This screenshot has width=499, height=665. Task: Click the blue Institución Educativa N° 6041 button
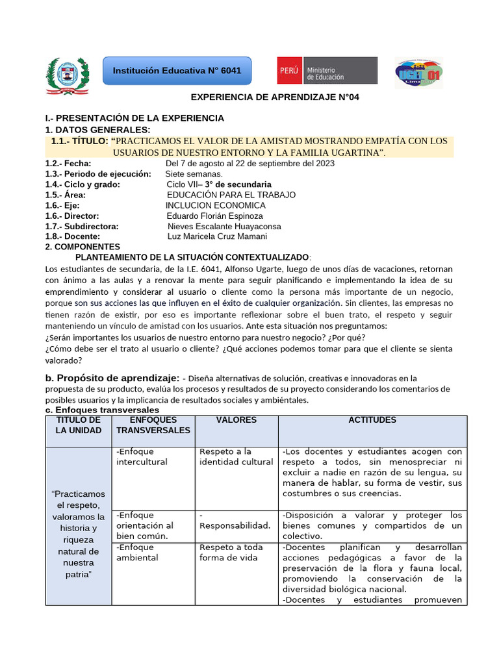click(x=177, y=70)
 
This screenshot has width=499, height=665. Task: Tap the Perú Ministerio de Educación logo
click(x=327, y=70)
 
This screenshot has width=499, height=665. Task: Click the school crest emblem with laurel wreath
click(x=66, y=75)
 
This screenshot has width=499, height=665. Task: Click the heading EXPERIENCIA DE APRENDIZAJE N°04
click(x=274, y=97)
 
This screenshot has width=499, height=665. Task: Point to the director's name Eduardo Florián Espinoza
click(x=215, y=216)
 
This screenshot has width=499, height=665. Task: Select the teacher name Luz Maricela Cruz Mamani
click(x=217, y=236)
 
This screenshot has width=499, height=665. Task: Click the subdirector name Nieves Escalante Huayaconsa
click(x=224, y=226)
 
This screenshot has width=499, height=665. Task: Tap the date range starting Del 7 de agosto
click(x=250, y=164)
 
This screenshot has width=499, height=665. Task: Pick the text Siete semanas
click(x=194, y=174)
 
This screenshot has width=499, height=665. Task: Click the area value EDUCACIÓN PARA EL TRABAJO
click(x=231, y=195)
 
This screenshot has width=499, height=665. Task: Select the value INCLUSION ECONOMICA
click(x=215, y=205)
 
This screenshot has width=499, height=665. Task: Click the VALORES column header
click(x=236, y=420)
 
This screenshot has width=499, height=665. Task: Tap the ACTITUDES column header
click(x=372, y=420)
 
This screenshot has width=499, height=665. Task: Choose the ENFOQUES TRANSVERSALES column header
click(x=153, y=425)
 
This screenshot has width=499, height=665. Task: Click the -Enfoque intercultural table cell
click(x=142, y=457)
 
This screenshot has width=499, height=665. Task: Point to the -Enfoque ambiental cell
click(x=137, y=553)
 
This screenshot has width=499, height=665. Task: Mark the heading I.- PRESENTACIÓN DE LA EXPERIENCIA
click(x=134, y=118)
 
